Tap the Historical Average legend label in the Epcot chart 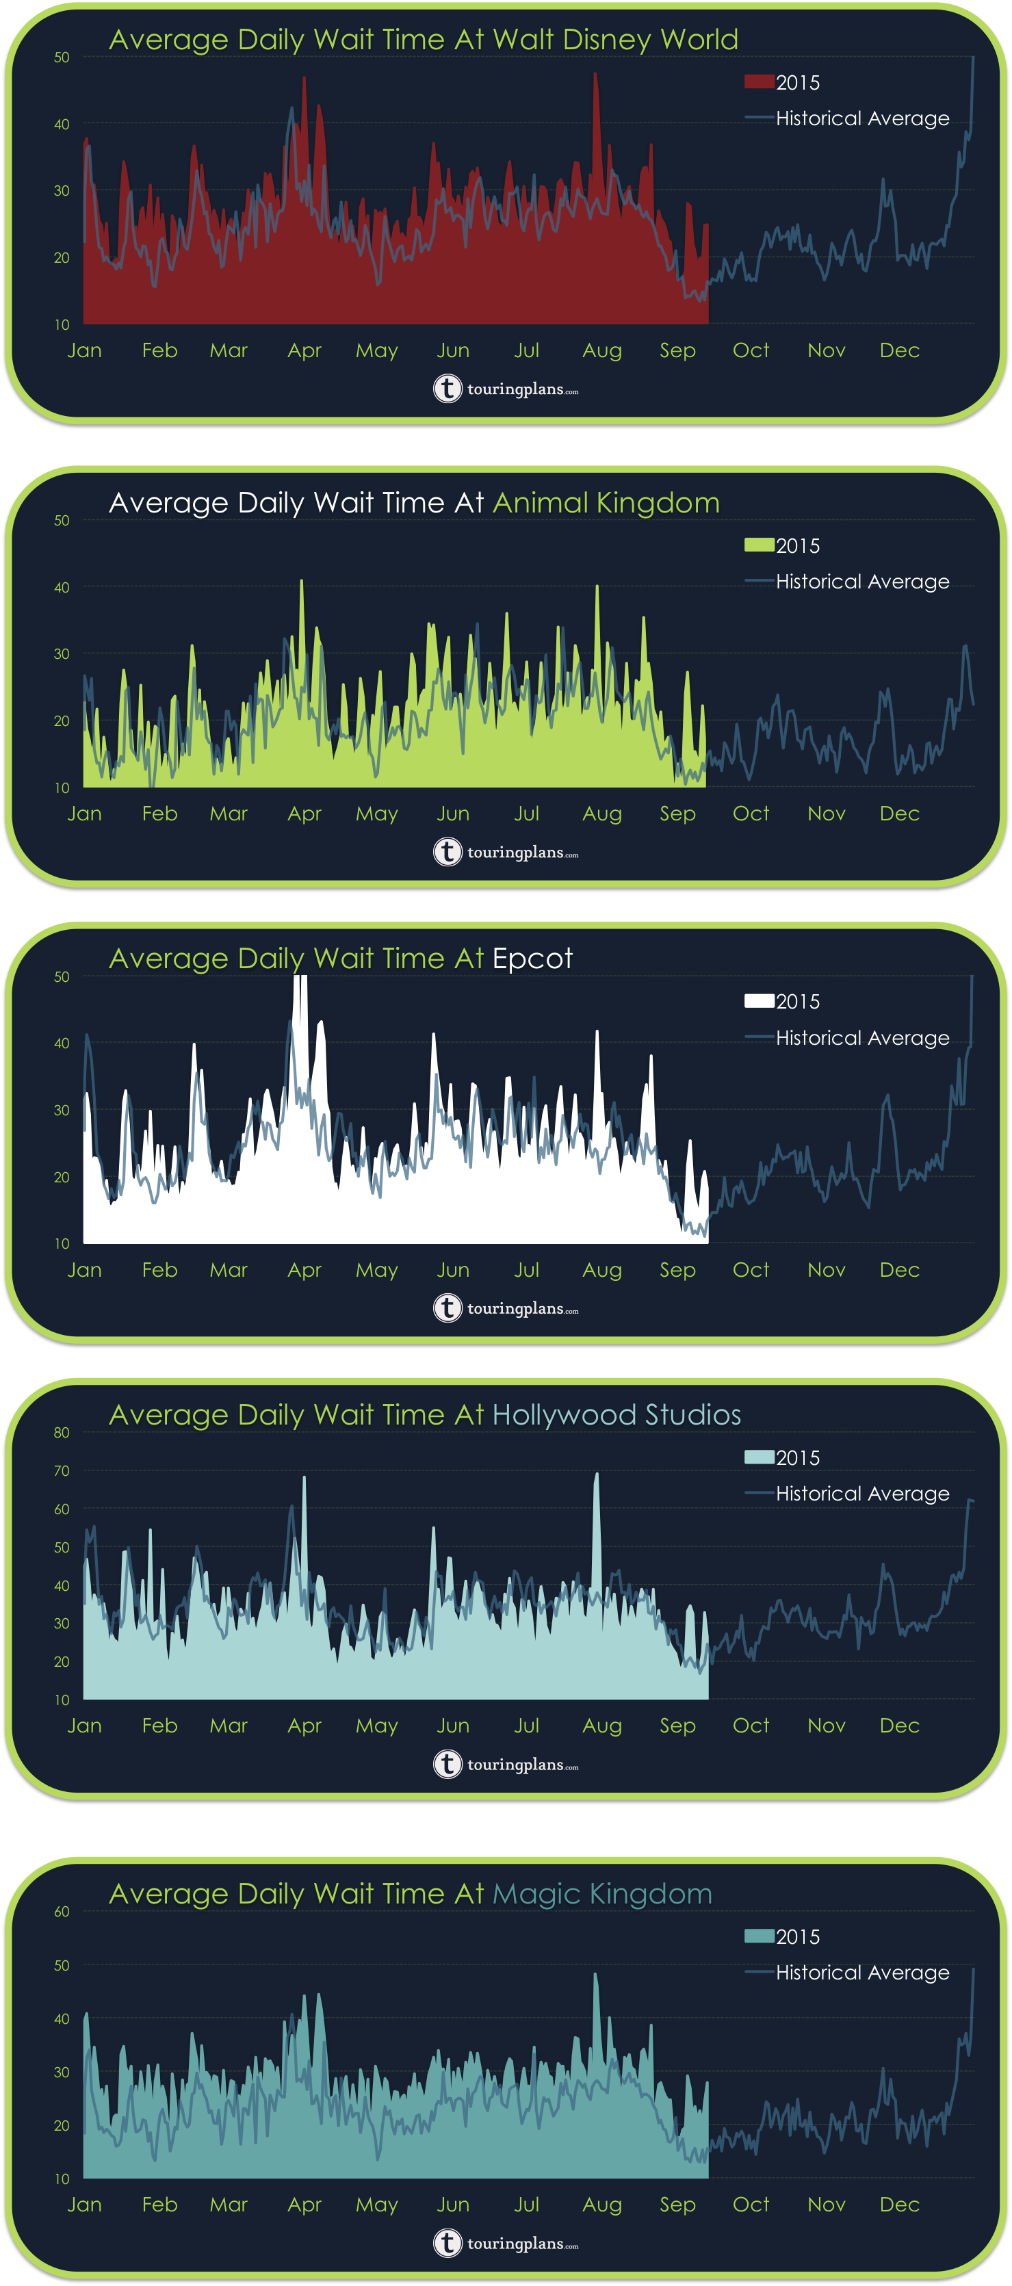862,1037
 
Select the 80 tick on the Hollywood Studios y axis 62,1432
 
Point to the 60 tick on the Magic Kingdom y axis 62,1912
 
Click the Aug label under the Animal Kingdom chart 602,814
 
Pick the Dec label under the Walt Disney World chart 899,350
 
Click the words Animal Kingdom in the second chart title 606,503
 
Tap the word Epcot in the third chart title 532,959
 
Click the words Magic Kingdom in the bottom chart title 602,1894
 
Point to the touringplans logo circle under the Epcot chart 447,1308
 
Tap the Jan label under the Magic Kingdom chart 84,2205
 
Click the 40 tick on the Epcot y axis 62,1043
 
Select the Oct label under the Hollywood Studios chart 751,1726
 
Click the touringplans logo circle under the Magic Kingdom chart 447,2244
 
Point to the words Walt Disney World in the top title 615,40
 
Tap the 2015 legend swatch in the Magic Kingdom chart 759,1937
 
